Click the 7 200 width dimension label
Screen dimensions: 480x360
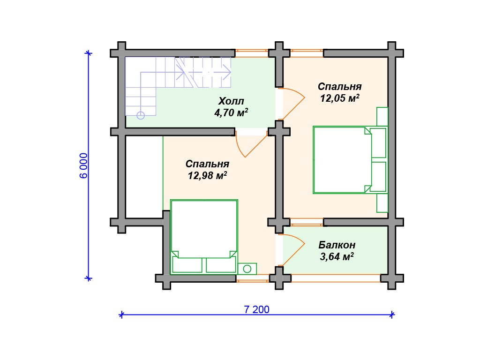(256, 309)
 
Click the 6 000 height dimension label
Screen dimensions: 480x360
(83, 165)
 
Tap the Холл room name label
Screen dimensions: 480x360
(231, 101)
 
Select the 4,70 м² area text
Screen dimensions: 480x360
(231, 112)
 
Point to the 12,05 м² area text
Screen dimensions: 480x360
(339, 98)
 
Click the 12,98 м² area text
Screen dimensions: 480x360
(207, 175)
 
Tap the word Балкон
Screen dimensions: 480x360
(337, 245)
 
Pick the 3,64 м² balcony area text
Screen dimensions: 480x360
(337, 256)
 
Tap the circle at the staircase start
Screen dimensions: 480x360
(141, 115)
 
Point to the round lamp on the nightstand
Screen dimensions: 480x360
(247, 269)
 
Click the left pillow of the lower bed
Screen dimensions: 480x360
(187, 265)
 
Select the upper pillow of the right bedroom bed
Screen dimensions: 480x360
(378, 143)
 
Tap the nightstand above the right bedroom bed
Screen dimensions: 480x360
(382, 116)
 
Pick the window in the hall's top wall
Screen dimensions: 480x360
(252, 53)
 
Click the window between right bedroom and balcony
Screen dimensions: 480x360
(307, 222)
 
